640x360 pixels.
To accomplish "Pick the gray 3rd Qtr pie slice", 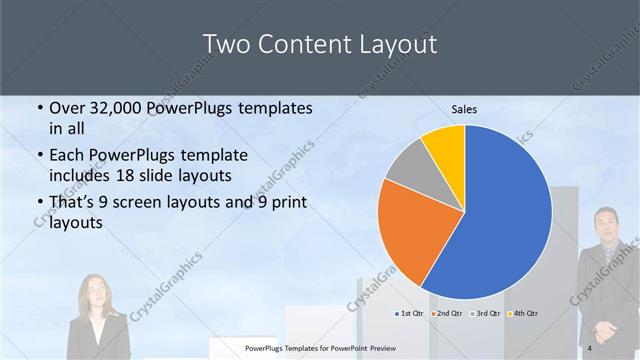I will (407, 169).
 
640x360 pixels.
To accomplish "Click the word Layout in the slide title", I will (390, 44).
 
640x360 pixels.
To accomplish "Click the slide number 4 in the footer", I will (590, 347).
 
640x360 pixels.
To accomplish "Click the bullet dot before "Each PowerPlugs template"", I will (40, 156).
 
